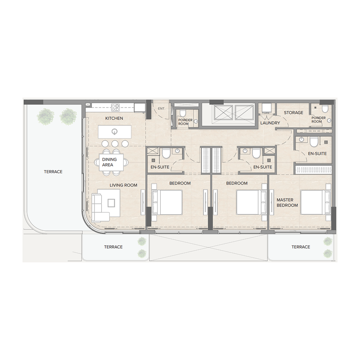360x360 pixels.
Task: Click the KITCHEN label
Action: [x=114, y=118]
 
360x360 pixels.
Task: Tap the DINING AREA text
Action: [x=109, y=162]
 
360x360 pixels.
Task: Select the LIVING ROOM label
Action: [x=123, y=185]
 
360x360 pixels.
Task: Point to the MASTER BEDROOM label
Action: [x=287, y=202]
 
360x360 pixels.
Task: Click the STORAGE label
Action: [x=293, y=112]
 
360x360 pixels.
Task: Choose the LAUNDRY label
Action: [x=270, y=123]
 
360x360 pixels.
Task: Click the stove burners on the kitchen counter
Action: [x=115, y=107]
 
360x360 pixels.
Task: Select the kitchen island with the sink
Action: [x=115, y=131]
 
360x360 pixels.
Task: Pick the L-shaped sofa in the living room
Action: [x=106, y=203]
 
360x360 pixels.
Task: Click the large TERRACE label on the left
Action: [x=53, y=171]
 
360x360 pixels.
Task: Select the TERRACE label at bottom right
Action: [x=301, y=247]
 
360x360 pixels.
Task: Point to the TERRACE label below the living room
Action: [x=113, y=247]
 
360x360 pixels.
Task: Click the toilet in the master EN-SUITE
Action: [x=314, y=142]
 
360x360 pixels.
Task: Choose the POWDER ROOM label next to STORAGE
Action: [x=317, y=120]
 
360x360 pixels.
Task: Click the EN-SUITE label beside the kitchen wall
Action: [x=159, y=167]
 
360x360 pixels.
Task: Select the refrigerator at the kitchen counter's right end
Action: [x=140, y=108]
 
